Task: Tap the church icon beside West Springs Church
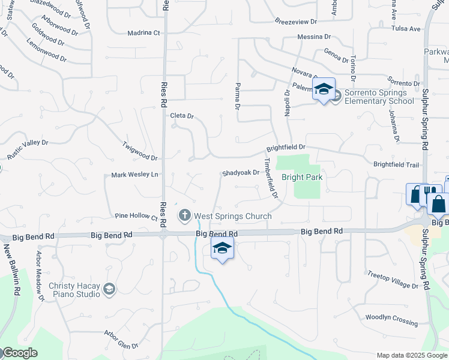pyautogui.click(x=185, y=215)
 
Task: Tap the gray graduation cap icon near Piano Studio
pyautogui.click(x=109, y=290)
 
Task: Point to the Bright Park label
pyautogui.click(x=302, y=178)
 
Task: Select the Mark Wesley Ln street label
pyautogui.click(x=134, y=175)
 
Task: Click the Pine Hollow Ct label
pyautogui.click(x=135, y=215)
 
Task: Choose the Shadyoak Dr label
pyautogui.click(x=240, y=173)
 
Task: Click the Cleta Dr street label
pyautogui.click(x=182, y=116)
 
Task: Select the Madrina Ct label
pyautogui.click(x=144, y=33)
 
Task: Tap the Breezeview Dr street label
pyautogui.click(x=295, y=22)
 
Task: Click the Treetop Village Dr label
pyautogui.click(x=392, y=280)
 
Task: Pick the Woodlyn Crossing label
pyautogui.click(x=391, y=316)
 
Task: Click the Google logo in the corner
pyautogui.click(x=20, y=353)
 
